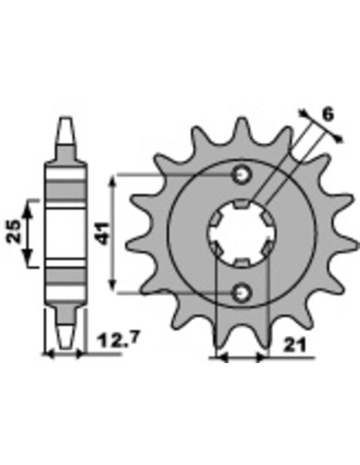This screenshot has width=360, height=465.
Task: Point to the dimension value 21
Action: pos(294,345)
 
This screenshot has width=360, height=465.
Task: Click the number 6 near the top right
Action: pos(327,115)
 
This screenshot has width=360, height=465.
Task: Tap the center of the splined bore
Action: pos(243,232)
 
